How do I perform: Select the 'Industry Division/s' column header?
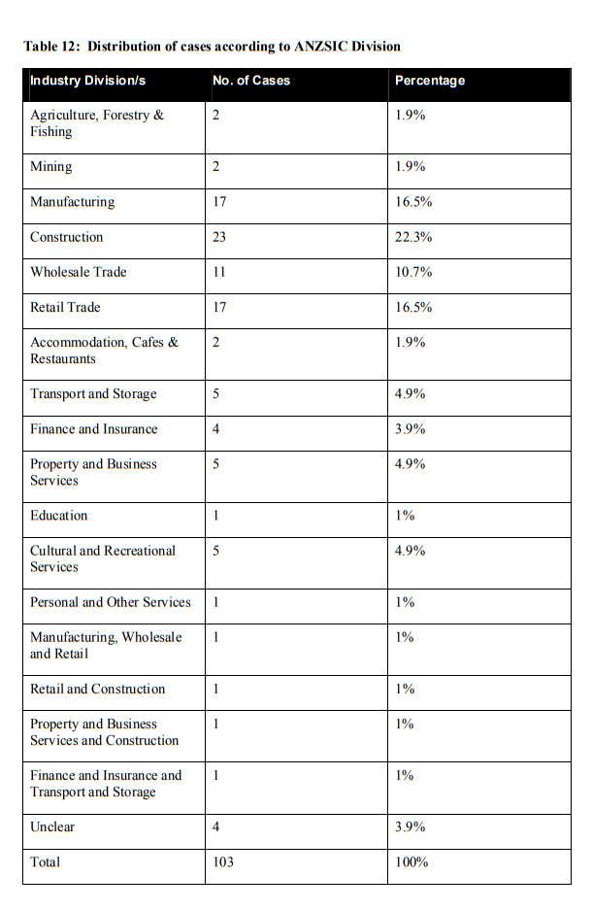(x=87, y=81)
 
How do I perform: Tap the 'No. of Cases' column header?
(x=251, y=81)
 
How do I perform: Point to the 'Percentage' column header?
(x=430, y=81)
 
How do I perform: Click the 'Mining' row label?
(x=50, y=167)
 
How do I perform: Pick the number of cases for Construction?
(x=219, y=237)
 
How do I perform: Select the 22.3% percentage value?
(x=413, y=237)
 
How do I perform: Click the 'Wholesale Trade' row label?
(x=79, y=272)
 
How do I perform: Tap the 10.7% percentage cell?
(x=413, y=272)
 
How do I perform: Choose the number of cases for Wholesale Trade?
(x=218, y=272)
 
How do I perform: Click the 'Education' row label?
(x=59, y=516)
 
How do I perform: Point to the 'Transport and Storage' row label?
(x=93, y=394)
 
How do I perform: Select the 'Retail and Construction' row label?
(x=98, y=690)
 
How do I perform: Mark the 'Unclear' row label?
(x=52, y=827)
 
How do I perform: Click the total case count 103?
(x=223, y=862)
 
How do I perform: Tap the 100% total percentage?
(x=411, y=862)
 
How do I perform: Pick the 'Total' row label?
(x=45, y=862)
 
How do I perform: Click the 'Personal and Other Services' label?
(x=111, y=602)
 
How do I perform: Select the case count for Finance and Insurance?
(x=215, y=429)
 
